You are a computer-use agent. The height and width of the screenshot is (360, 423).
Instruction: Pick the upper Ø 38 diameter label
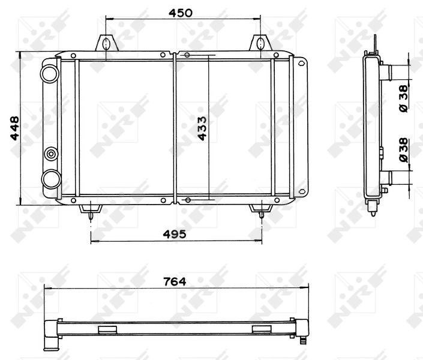point(403,98)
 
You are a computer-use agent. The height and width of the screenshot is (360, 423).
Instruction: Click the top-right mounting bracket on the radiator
point(260,44)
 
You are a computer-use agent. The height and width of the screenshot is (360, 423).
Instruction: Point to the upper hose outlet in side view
point(388,72)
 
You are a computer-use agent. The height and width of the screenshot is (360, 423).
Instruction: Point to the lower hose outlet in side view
point(388,178)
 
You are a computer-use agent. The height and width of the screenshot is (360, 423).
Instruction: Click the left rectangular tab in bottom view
point(107,329)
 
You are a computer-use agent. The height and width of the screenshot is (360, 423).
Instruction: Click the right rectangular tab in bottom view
point(262,329)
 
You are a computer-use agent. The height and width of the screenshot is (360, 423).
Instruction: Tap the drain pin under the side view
point(374,210)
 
